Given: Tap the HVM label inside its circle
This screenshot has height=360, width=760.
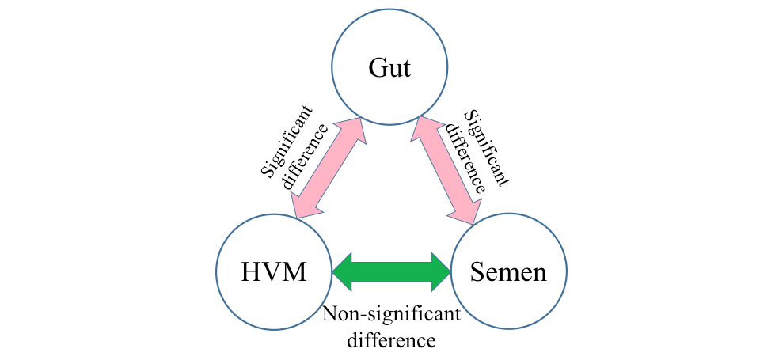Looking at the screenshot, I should [x=273, y=273].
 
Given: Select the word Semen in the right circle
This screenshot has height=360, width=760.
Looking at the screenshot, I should [x=507, y=273].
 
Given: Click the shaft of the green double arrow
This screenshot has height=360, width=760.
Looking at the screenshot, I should [x=390, y=271].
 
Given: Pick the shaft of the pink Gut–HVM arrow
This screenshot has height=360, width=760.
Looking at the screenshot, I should [x=325, y=168].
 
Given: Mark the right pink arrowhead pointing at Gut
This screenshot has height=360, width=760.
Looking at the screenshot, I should [x=421, y=129].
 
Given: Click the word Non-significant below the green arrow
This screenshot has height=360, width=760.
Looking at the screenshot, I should [x=391, y=315].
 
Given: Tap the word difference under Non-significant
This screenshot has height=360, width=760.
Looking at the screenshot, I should [x=390, y=341].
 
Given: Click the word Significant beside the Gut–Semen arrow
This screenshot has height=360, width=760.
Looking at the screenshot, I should [x=484, y=146].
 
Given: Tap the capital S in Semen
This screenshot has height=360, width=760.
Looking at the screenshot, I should [x=477, y=273].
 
